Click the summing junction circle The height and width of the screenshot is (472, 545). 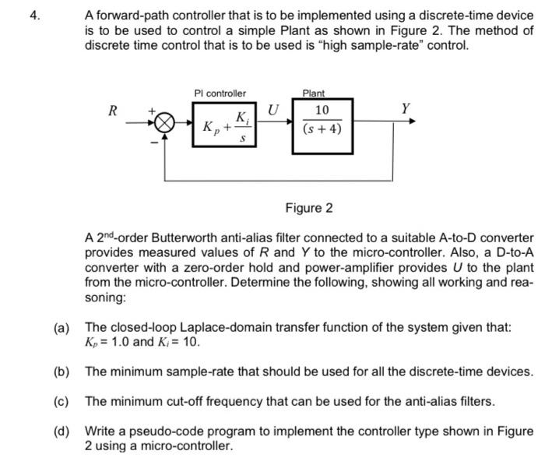point(163,122)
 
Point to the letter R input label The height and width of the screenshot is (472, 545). point(112,110)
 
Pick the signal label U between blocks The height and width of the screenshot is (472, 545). point(273,109)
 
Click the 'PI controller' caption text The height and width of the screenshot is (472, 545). point(220,93)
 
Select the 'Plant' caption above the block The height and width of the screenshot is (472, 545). point(315,93)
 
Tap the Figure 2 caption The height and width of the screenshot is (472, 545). point(308,208)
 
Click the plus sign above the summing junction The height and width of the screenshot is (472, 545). point(153,112)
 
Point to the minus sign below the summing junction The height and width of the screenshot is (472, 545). point(154,142)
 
